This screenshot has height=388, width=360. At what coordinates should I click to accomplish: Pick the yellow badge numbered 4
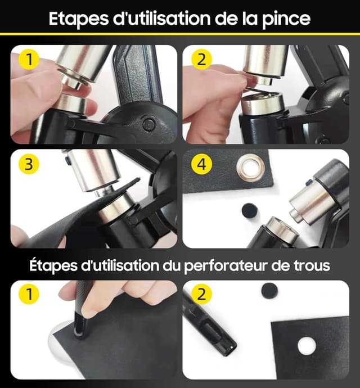pos(200,164)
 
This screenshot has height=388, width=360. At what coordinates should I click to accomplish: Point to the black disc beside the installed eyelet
pos(249,211)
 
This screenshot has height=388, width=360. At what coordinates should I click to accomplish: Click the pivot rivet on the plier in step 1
pos(148,124)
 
